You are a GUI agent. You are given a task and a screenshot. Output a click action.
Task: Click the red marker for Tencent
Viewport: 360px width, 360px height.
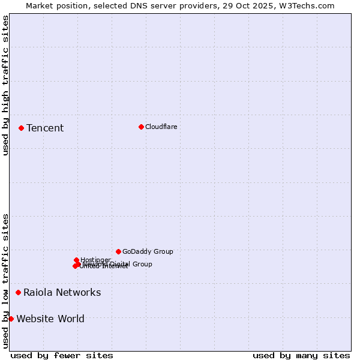click(21, 128)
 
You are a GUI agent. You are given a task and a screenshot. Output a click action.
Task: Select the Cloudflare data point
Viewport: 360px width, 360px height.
click(141, 127)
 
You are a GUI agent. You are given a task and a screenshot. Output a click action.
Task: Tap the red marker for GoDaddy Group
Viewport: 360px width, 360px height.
click(118, 251)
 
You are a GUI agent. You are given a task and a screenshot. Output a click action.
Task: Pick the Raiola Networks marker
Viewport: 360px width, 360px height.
click(18, 292)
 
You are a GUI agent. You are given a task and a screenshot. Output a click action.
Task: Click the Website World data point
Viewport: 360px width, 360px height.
click(11, 319)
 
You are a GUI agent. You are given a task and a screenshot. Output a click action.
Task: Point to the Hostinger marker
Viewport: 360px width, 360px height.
click(76, 260)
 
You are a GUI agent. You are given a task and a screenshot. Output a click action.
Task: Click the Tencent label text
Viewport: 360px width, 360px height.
click(45, 128)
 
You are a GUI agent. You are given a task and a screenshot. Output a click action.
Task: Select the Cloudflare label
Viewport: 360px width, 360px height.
click(161, 127)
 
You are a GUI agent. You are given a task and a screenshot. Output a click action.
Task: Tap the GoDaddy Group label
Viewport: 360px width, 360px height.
click(148, 251)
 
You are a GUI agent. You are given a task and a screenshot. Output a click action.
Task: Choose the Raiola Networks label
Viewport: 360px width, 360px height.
click(62, 292)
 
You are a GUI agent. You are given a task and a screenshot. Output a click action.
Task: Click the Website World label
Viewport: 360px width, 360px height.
click(50, 319)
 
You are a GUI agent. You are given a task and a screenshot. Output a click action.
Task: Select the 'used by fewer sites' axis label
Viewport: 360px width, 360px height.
click(62, 355)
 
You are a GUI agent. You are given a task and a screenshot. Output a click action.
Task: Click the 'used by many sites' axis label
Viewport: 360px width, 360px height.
click(301, 355)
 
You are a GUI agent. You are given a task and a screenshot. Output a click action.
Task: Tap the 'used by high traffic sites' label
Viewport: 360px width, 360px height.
click(6, 85)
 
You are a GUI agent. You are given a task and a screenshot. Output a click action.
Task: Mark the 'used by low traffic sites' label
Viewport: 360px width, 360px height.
click(6, 280)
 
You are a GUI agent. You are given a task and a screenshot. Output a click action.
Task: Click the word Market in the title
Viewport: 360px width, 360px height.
click(39, 6)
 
